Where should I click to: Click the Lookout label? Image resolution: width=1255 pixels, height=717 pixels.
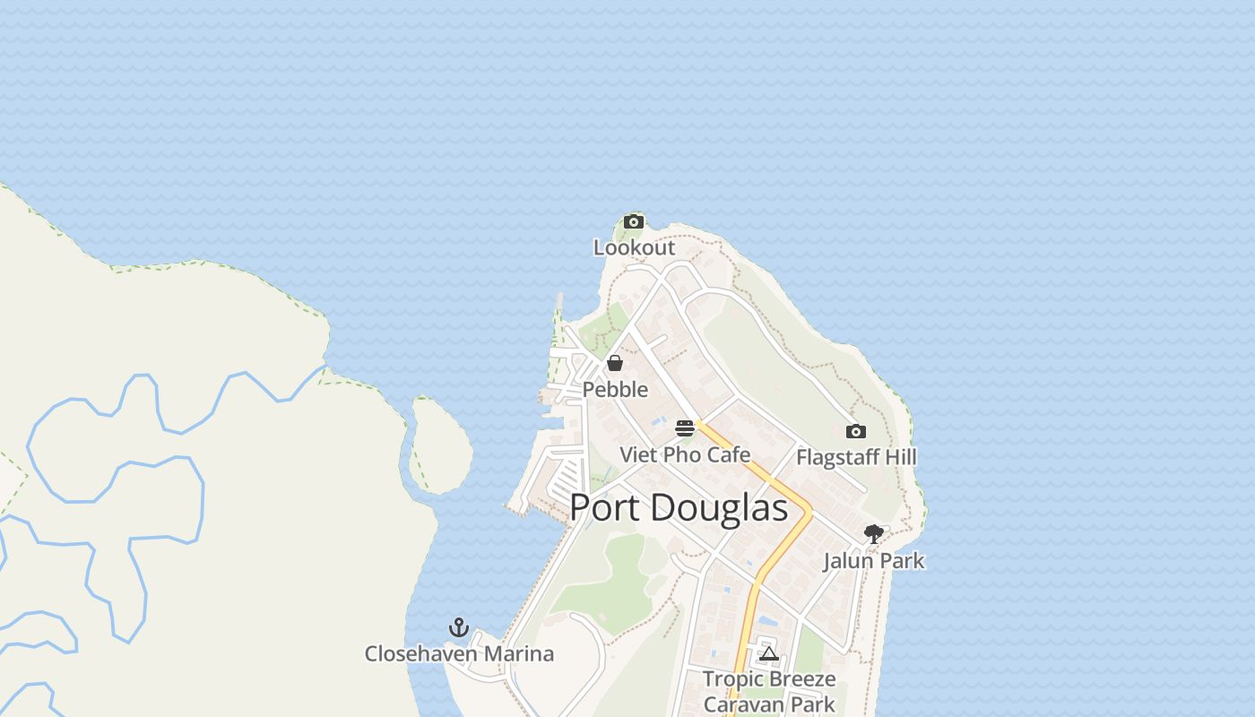click(634, 247)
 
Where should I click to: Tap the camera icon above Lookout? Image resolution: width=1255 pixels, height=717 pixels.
click(634, 221)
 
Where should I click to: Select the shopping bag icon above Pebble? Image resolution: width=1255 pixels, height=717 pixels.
click(615, 363)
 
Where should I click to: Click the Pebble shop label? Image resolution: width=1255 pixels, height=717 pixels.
click(615, 389)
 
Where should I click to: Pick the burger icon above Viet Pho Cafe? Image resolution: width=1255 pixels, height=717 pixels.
click(685, 428)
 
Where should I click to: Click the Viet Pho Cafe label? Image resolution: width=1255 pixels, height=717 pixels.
click(685, 454)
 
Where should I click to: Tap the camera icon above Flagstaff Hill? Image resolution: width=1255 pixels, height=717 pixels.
click(856, 432)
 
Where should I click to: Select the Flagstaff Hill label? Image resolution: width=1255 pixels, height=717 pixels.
click(856, 457)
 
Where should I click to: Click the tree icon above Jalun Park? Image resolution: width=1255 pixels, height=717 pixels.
click(874, 535)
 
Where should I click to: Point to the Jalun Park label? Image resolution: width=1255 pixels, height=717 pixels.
click(874, 561)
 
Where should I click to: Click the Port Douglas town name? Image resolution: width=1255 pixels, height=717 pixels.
click(679, 508)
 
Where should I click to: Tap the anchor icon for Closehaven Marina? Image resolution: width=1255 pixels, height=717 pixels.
click(459, 627)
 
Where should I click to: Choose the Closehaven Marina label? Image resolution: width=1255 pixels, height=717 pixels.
click(459, 653)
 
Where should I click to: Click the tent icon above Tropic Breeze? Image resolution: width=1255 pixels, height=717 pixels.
click(769, 653)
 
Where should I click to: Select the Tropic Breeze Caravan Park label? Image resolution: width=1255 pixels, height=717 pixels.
click(769, 691)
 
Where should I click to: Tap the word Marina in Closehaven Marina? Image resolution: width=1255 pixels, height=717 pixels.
click(519, 653)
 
